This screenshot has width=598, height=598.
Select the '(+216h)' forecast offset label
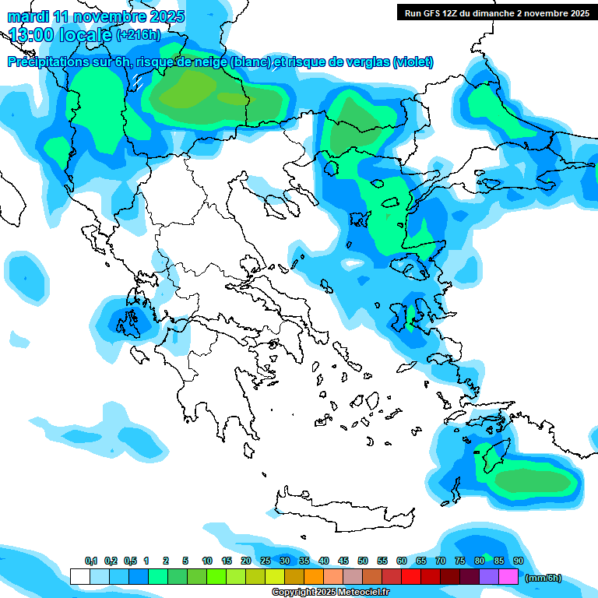pos(139,34)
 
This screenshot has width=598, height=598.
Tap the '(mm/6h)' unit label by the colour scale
pos(543,578)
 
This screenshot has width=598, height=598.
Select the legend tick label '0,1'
pos(90,561)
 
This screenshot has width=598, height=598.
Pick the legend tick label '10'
pos(207,561)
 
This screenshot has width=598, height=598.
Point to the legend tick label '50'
pos(363,561)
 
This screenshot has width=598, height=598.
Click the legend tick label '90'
pos(519,561)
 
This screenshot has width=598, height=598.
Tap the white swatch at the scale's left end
pos(79,577)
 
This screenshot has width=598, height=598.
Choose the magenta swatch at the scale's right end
pos(508,577)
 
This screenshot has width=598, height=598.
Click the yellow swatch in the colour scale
pos(274,577)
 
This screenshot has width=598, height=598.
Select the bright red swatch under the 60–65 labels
pos(411,577)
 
